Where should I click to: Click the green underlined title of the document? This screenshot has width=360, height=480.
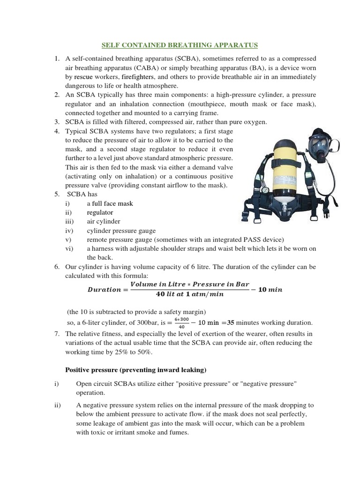180,45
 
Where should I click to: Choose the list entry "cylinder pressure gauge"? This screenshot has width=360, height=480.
121,231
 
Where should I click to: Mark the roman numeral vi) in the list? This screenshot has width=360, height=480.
69,248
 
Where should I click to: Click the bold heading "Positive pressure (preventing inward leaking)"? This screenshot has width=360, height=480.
135,370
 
